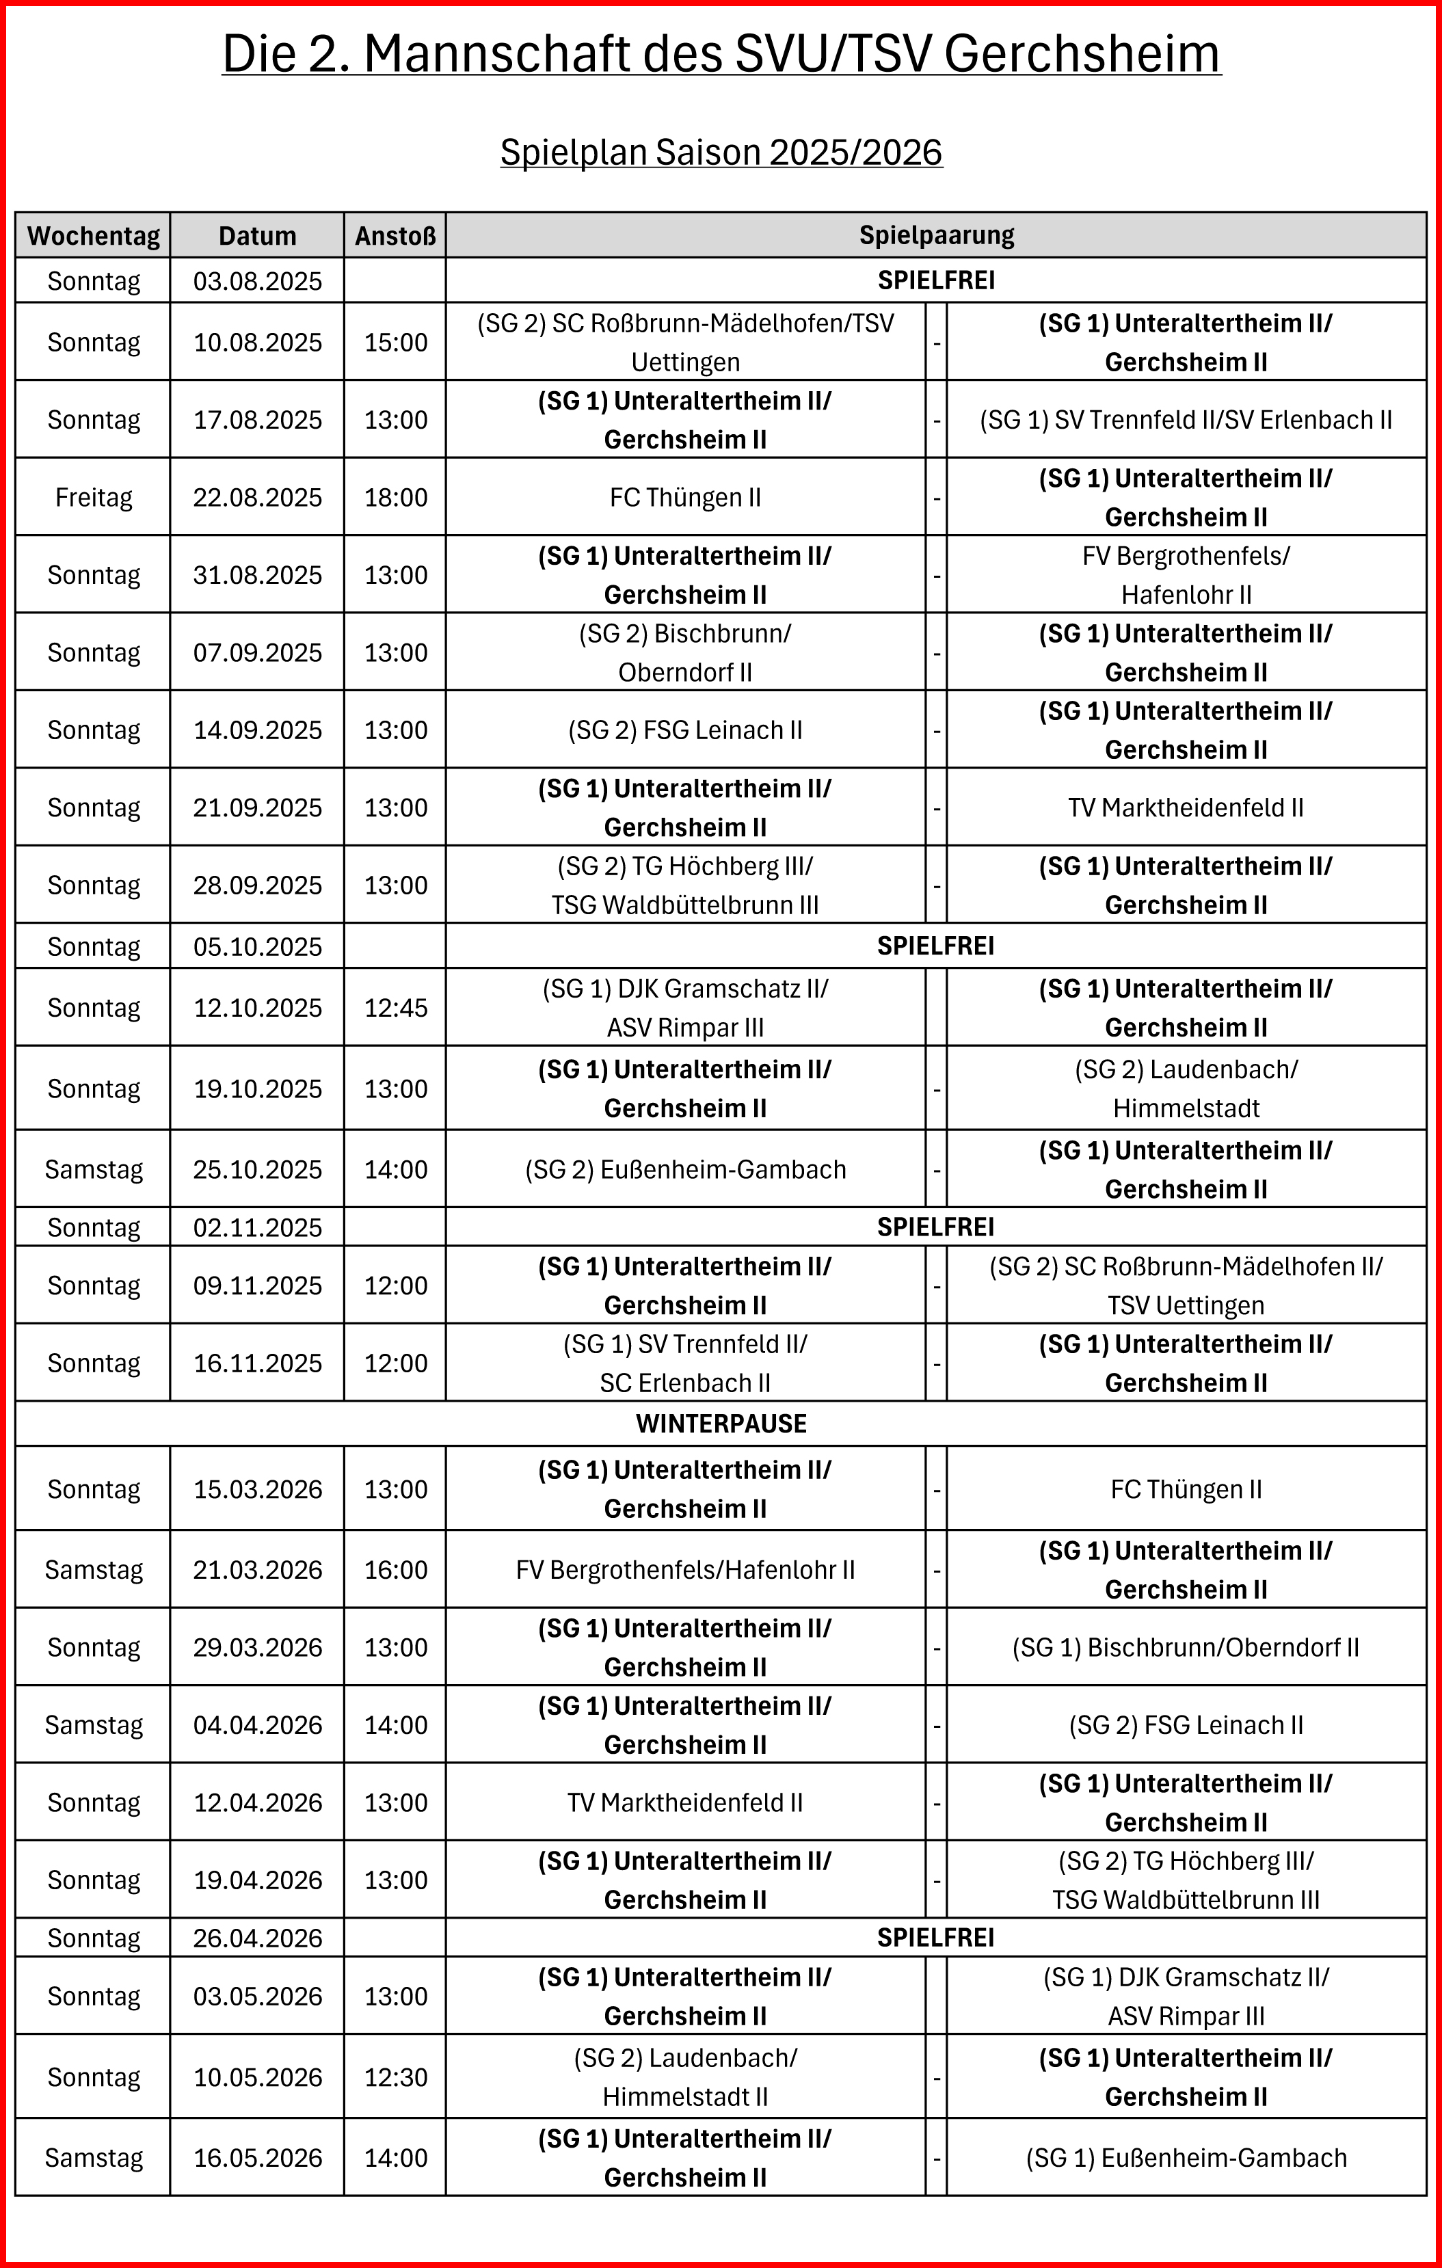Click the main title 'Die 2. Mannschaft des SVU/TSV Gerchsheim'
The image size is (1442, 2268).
[x=721, y=54]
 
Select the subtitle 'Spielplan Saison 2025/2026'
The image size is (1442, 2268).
[x=721, y=152]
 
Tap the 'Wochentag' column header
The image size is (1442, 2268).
[x=93, y=235]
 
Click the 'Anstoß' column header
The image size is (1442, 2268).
[x=396, y=235]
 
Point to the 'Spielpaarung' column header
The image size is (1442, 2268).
[x=936, y=235]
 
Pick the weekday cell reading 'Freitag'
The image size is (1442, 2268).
[x=93, y=497]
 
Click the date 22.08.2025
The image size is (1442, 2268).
[x=257, y=497]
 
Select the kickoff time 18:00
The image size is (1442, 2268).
[x=396, y=497]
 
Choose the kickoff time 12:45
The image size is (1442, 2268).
[x=396, y=1008]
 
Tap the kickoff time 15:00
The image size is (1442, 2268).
[x=396, y=342]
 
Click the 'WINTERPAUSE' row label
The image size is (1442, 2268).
[x=721, y=1423]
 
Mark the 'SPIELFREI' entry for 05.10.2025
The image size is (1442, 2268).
[x=936, y=946]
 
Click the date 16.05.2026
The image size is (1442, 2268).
[x=257, y=2158]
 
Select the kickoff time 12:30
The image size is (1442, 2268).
[x=396, y=2078]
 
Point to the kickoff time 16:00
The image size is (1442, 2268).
[x=396, y=1570]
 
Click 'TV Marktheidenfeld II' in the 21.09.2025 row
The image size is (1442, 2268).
[x=1186, y=808]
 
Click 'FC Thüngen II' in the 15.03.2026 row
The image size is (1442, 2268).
[x=1186, y=1489]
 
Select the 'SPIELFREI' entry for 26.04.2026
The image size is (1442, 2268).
[x=936, y=1938]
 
